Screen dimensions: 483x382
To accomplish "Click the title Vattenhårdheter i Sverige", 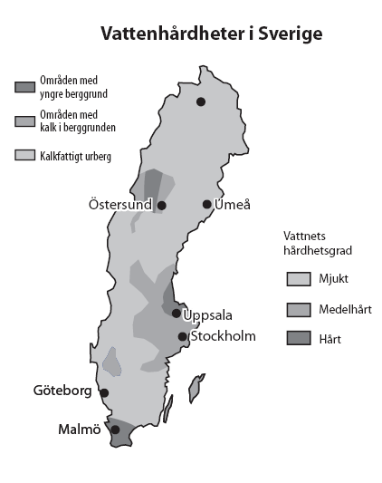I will [x=211, y=34].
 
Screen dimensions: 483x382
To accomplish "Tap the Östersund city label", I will [x=121, y=206].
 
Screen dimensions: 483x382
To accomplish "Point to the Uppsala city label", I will [x=208, y=315].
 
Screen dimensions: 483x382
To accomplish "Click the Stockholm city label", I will [x=223, y=336].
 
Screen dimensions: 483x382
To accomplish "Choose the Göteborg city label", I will [x=62, y=391].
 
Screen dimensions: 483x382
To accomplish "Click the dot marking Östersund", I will [x=162, y=206].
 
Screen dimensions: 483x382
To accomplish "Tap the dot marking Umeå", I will [x=207, y=204].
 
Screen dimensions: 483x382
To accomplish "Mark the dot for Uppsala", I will [x=177, y=313].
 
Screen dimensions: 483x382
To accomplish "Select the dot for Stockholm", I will [x=183, y=336].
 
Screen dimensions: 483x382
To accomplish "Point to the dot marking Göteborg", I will [x=104, y=392].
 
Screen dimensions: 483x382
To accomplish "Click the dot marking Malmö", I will [x=115, y=430].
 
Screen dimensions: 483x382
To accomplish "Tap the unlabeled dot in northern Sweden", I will [x=201, y=101].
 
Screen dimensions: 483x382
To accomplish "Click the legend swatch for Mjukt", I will [x=299, y=278].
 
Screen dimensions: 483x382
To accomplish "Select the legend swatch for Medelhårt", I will [x=299, y=309].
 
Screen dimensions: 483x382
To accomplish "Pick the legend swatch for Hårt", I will [x=299, y=339].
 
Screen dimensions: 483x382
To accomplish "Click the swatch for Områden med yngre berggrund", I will [x=24, y=86].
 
